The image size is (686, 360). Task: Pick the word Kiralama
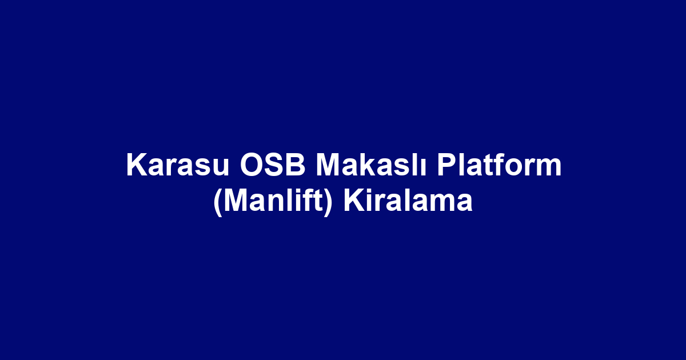[x=408, y=202]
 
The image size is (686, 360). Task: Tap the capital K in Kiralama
[x=353, y=202]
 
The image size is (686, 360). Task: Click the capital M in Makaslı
[x=328, y=166]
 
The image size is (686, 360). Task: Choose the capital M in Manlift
[x=233, y=202]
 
